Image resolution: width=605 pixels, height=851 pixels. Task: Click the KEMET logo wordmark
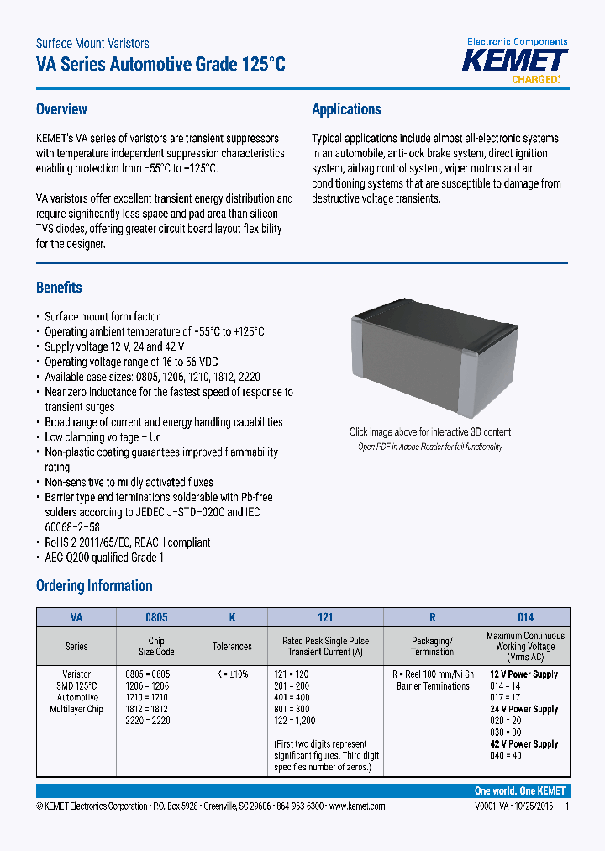(x=517, y=61)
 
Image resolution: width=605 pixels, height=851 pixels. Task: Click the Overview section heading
(x=61, y=109)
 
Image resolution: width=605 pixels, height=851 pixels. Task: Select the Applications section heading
(x=346, y=109)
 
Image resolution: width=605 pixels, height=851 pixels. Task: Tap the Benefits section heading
(x=59, y=288)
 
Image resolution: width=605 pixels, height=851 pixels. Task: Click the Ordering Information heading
(x=94, y=586)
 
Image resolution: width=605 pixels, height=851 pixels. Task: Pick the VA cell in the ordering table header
(x=76, y=617)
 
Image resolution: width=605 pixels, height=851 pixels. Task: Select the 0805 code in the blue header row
(x=156, y=617)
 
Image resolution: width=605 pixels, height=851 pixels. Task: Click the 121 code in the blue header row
(x=325, y=617)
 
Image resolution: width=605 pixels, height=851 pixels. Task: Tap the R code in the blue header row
(x=433, y=617)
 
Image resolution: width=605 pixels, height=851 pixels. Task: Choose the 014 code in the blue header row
(x=525, y=617)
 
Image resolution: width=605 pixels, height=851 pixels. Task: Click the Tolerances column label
(x=232, y=647)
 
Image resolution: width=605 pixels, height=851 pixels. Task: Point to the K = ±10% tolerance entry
(x=232, y=674)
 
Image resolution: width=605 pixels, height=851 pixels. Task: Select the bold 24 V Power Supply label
(x=523, y=709)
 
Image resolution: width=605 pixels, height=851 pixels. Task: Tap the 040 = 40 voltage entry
(x=504, y=755)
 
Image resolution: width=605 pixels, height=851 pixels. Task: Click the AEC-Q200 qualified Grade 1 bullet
(x=104, y=558)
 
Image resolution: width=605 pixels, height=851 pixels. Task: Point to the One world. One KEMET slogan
(x=519, y=790)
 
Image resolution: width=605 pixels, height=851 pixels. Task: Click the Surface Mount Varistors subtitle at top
(x=92, y=44)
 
